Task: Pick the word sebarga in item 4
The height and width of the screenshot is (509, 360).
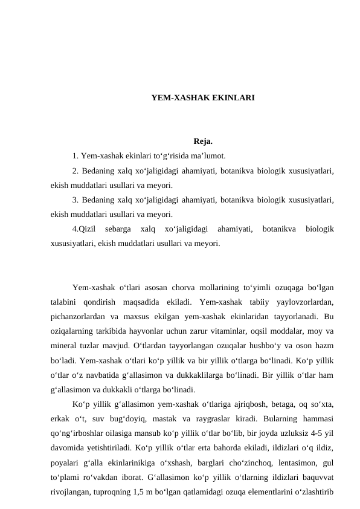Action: click(117, 229)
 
